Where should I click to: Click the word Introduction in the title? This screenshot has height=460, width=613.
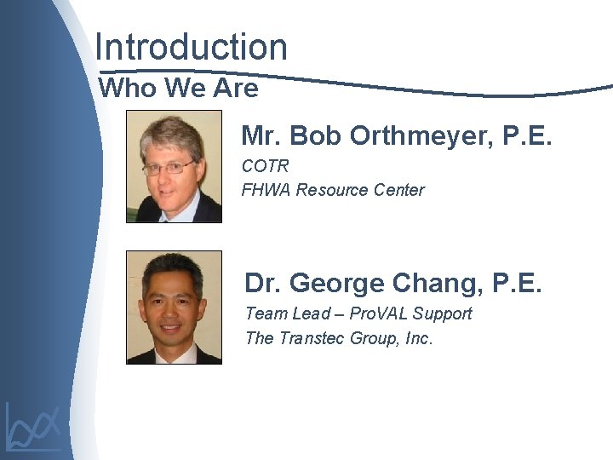[x=192, y=47]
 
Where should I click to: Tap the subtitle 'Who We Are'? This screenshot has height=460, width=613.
[x=179, y=88]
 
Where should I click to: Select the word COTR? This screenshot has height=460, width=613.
[x=266, y=166]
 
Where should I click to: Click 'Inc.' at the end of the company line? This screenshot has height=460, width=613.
[x=419, y=338]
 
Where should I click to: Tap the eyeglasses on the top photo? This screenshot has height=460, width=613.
[x=169, y=168]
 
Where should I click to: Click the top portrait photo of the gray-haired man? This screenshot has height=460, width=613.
[x=174, y=166]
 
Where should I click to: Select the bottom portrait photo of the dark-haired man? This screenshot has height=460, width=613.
[x=174, y=308]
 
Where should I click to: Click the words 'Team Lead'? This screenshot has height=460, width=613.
[x=286, y=313]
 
